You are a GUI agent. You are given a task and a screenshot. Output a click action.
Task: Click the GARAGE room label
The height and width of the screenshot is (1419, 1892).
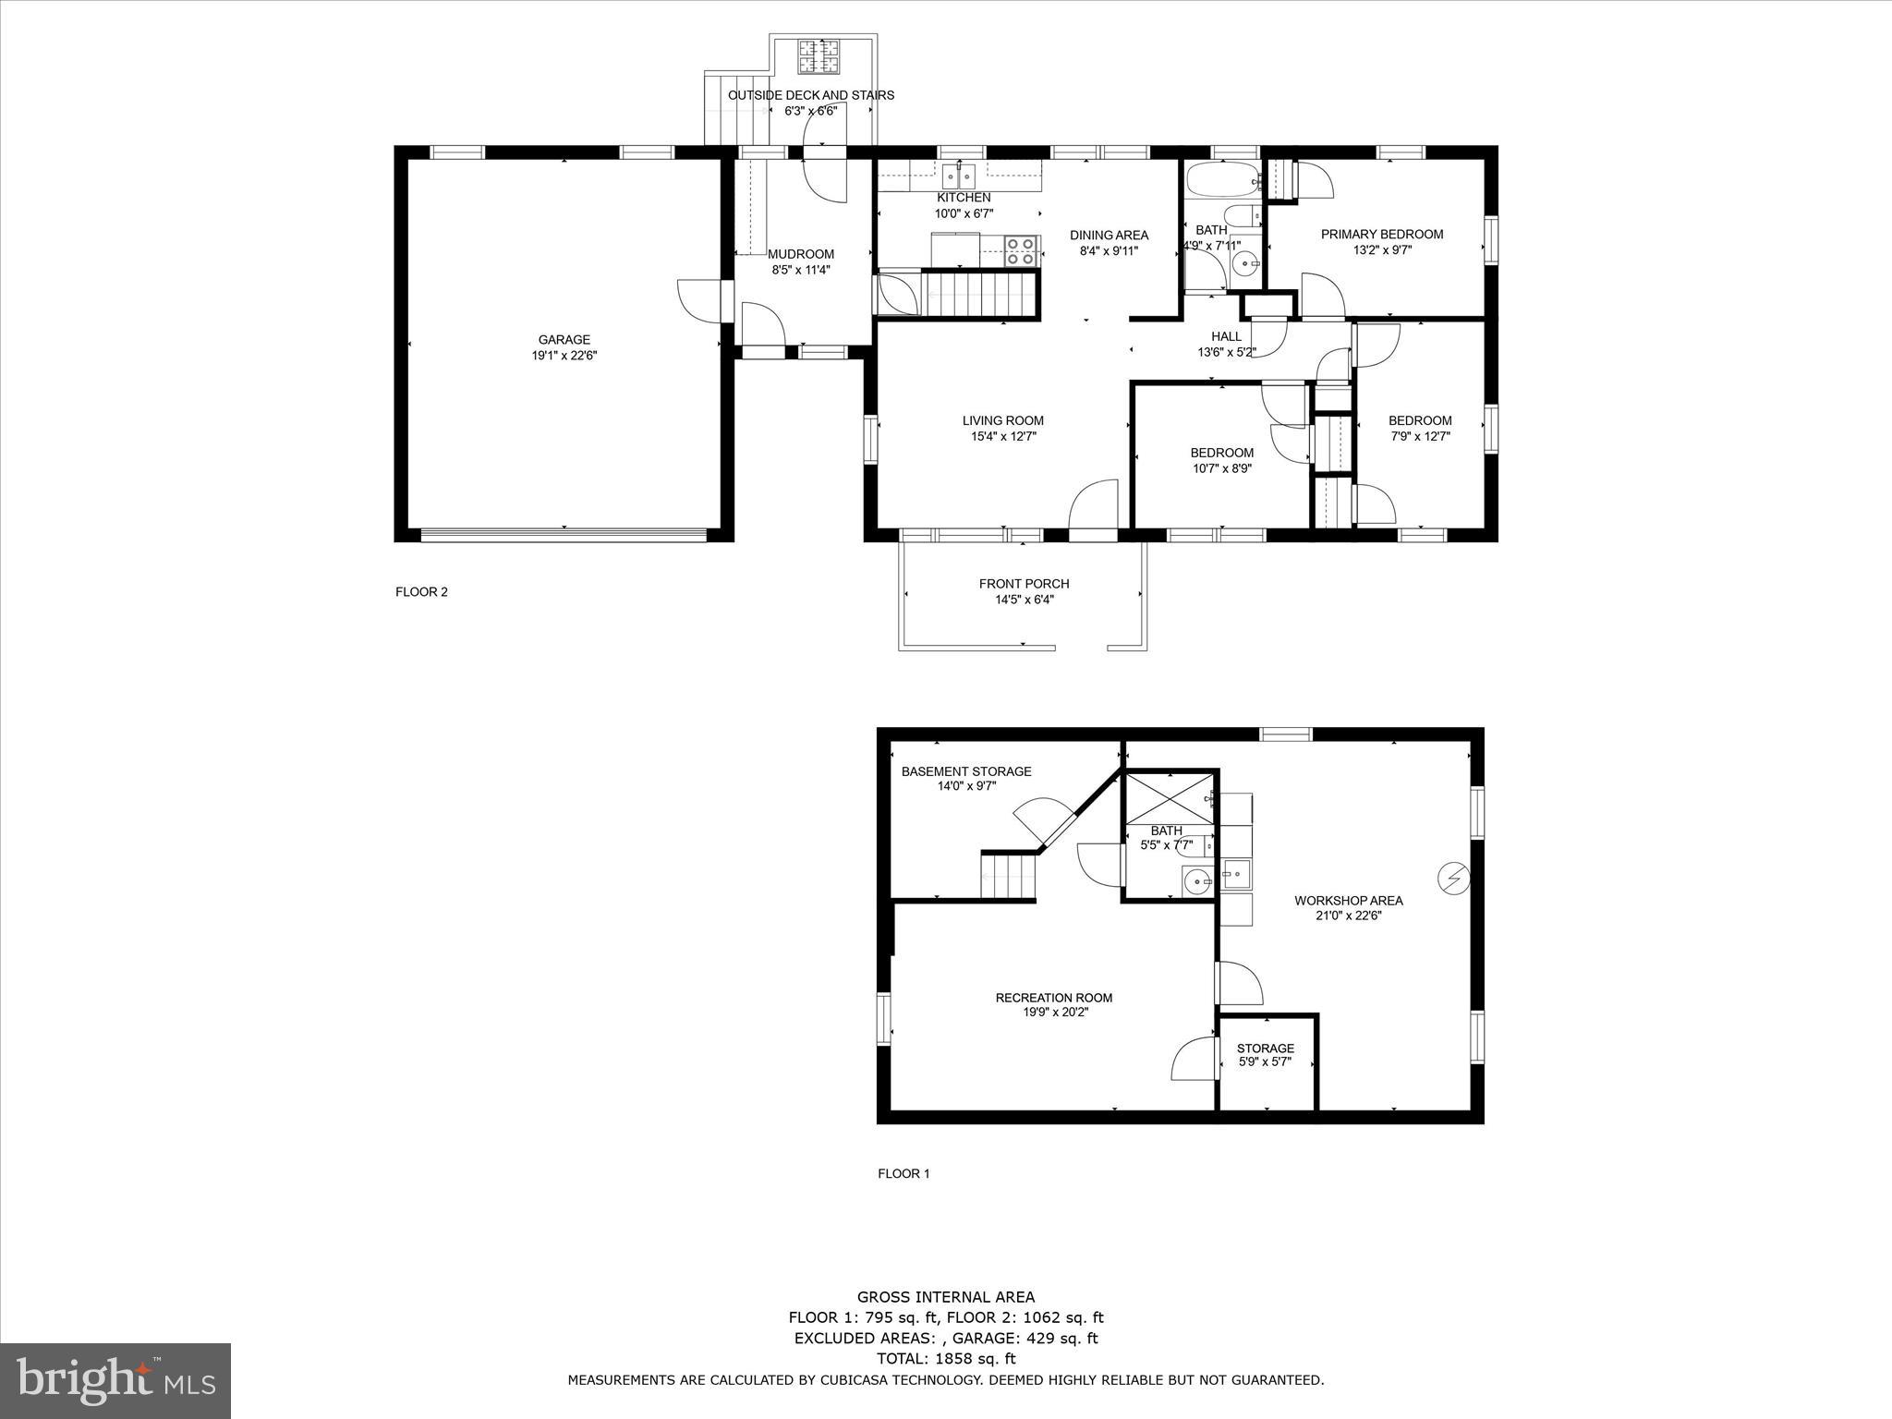(564, 340)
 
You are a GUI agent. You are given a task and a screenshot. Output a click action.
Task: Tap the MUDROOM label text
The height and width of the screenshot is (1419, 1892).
(801, 254)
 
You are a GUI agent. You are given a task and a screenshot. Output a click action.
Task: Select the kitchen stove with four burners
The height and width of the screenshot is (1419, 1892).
(1020, 251)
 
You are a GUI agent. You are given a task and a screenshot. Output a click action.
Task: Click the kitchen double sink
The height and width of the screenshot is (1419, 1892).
(959, 174)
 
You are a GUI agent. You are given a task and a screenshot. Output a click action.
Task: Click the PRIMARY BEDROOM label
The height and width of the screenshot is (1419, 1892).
(1381, 235)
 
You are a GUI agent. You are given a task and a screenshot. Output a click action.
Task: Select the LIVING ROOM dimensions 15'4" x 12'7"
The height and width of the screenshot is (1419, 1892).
(1003, 436)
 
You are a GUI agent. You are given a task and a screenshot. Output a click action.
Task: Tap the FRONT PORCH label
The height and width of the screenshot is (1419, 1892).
(1024, 584)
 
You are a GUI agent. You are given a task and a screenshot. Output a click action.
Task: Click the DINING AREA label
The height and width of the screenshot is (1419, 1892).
(1109, 236)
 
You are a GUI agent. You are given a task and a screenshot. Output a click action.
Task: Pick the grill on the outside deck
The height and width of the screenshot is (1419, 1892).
(818, 57)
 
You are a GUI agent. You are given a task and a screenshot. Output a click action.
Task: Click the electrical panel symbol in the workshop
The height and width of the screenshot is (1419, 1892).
(1453, 877)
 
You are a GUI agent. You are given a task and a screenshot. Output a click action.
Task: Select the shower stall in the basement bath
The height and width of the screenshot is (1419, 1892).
(1169, 799)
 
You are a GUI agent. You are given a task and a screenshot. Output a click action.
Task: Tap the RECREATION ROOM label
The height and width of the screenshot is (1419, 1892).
(1053, 998)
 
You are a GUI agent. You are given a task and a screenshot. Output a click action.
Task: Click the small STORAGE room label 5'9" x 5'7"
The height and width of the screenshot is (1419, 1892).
(1265, 1049)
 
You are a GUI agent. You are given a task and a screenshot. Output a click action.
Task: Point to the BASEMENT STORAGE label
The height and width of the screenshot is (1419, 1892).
(966, 771)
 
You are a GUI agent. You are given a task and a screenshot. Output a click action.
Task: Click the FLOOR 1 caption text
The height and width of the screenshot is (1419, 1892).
(904, 1174)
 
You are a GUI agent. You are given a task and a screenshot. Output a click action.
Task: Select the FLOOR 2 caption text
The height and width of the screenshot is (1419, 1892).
(421, 592)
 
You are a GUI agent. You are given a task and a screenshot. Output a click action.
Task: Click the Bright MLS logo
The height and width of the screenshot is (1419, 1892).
(115, 1380)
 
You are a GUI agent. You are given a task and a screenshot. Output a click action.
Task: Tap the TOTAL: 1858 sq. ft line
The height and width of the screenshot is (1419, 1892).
(945, 1359)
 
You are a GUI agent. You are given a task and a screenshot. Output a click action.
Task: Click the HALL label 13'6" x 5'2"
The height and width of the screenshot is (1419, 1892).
(1226, 337)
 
